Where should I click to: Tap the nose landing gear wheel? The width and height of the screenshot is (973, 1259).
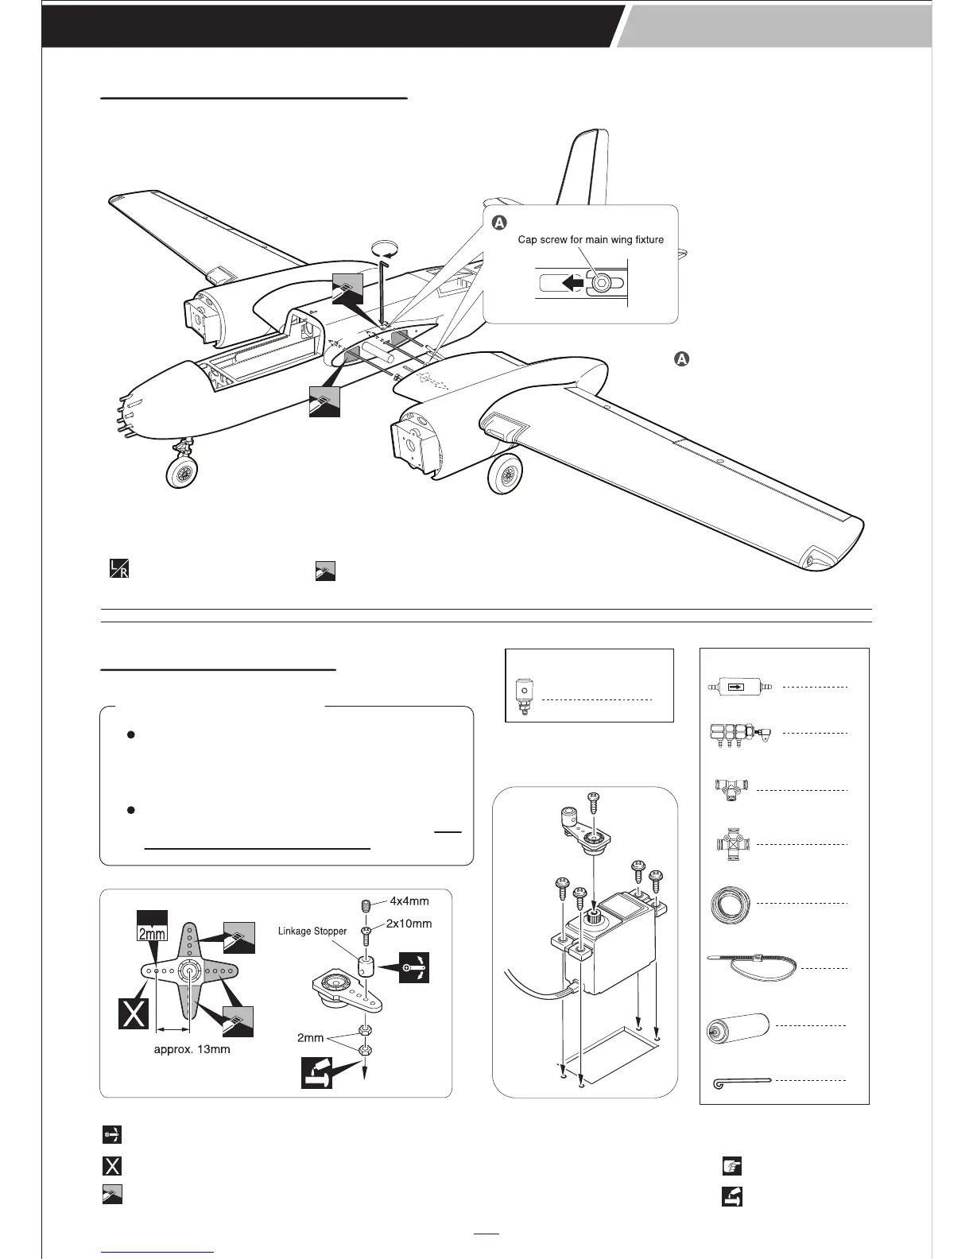tap(182, 475)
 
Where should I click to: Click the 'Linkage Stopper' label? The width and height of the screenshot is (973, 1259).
tap(312, 931)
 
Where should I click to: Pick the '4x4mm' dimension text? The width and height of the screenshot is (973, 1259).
tap(409, 901)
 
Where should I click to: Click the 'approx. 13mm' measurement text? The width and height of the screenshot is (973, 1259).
tap(192, 1049)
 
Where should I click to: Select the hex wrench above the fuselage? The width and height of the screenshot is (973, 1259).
tap(382, 287)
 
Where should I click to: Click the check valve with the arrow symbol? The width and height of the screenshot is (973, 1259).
tap(739, 686)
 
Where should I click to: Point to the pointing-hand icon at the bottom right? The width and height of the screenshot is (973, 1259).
tap(731, 1166)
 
